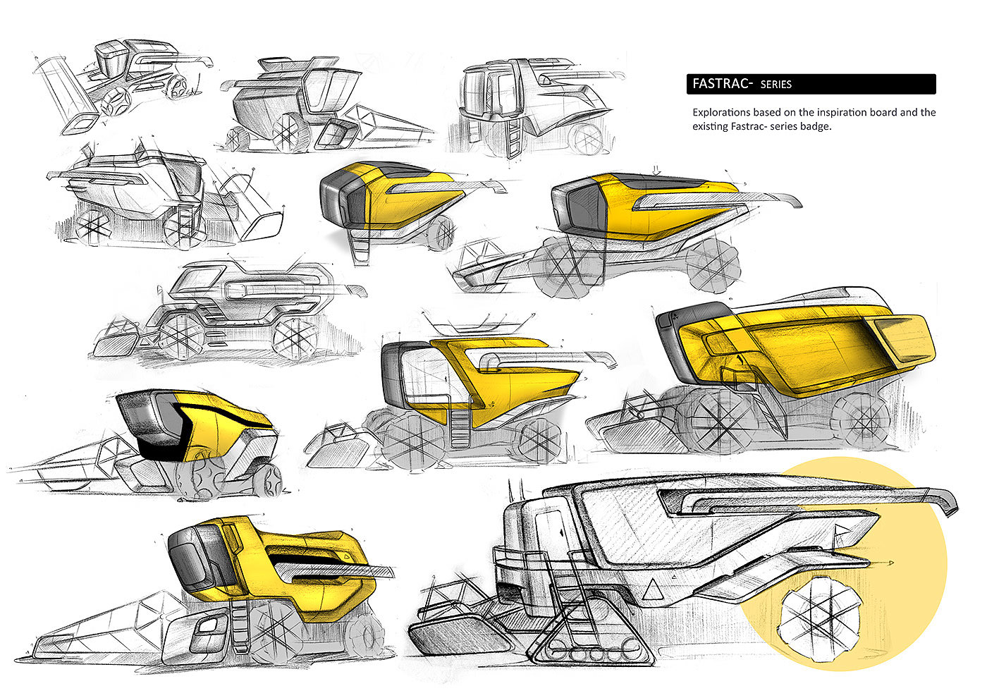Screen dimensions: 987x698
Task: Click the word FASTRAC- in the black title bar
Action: tap(723, 84)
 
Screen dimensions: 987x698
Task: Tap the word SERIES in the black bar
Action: tap(776, 85)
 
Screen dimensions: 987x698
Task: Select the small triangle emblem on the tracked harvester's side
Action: tap(653, 590)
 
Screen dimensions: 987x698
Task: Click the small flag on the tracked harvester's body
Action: tap(841, 530)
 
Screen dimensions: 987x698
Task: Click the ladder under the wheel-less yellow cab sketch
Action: tap(361, 247)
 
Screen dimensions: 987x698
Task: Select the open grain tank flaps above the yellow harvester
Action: tap(478, 323)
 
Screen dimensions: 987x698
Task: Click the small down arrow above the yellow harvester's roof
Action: tap(656, 170)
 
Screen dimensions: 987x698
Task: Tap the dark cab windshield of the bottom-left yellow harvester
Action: tap(190, 560)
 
